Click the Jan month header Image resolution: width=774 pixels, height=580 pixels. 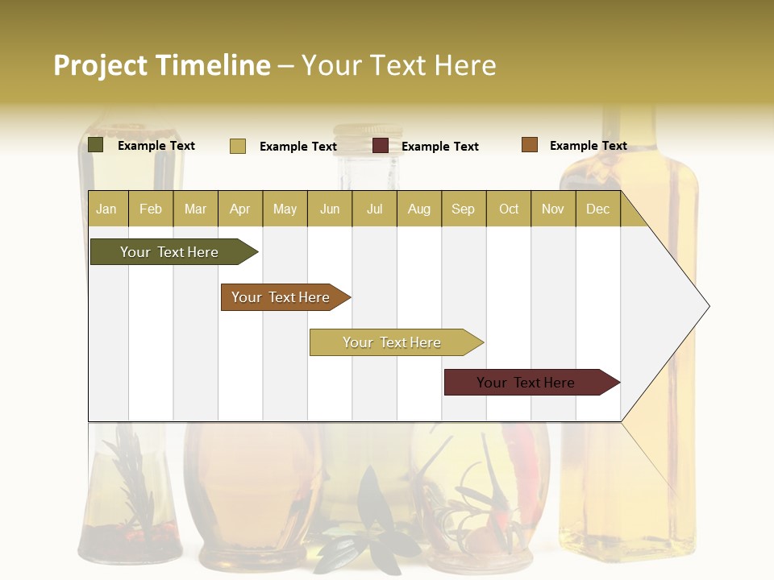point(107,209)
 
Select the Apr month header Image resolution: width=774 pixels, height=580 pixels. point(240,209)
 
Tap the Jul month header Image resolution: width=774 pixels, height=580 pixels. point(374,209)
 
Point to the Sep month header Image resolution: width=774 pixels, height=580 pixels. point(463,209)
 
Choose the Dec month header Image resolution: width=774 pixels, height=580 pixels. point(597,209)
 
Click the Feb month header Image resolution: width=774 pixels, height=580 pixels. point(151,209)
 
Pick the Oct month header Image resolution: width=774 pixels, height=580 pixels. point(509,209)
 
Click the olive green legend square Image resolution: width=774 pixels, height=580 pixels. point(96,145)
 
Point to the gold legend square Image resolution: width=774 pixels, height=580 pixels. point(238,146)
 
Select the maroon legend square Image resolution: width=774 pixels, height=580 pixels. point(381,146)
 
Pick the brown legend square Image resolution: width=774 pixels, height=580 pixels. point(530,145)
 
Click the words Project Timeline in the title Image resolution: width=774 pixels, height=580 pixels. point(162,65)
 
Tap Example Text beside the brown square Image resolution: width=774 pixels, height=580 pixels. point(588,146)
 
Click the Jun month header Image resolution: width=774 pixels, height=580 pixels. point(330,209)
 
